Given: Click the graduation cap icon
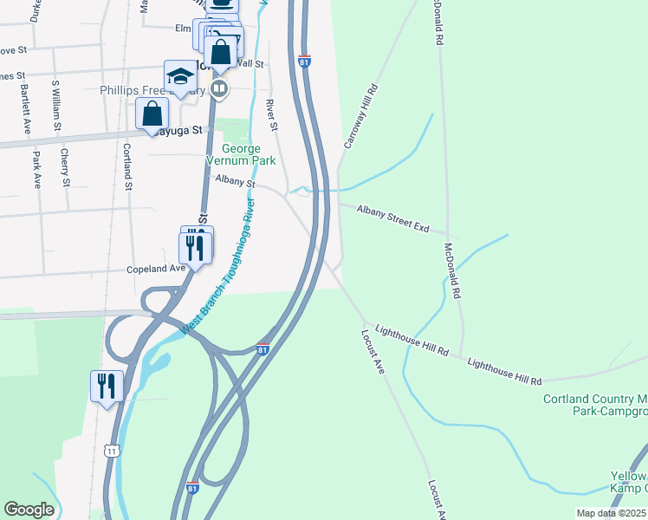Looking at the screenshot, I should point(181,77).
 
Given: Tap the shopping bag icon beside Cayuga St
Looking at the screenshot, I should point(152,114).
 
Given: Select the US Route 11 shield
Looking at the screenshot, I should point(111,451).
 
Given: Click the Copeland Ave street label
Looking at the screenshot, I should point(156,269).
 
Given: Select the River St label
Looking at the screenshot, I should point(271,115).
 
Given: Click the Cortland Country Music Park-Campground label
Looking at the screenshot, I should point(595,405).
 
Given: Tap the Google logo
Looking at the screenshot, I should point(29,510).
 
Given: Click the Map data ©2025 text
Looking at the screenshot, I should point(612,513).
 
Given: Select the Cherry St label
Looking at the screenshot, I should point(65,167).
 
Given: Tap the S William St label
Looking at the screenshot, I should point(55,106).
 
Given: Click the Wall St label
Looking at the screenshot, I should point(250,63).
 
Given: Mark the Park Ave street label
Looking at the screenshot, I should point(37,170).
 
